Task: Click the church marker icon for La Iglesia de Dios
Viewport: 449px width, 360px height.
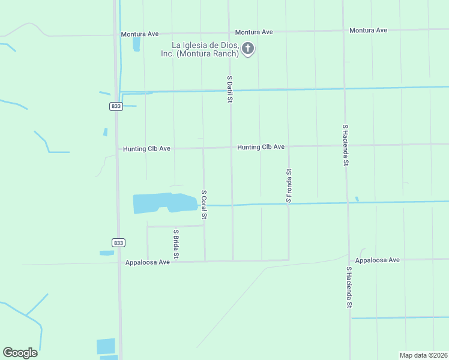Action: (247, 49)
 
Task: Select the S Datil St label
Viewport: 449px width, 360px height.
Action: (229, 88)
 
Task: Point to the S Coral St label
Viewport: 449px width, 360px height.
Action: (204, 205)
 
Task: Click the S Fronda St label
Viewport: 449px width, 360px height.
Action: (289, 185)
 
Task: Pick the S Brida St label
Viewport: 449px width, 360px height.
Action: (176, 244)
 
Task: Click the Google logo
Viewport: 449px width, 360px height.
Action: (20, 353)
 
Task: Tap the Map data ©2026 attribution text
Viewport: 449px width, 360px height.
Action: (423, 355)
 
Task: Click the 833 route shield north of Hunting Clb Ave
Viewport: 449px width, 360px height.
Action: (116, 106)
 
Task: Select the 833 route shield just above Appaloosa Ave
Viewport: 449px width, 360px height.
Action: (119, 242)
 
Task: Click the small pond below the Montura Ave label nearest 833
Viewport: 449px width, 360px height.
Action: (136, 44)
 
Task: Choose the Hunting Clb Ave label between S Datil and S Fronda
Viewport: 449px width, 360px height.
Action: (261, 147)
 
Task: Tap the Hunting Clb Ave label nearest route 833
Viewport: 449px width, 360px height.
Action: (147, 149)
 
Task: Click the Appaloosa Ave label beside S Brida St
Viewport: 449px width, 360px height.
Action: (148, 262)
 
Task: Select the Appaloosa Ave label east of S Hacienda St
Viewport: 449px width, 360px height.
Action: (377, 260)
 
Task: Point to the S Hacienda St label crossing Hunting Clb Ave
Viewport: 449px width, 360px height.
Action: (346, 145)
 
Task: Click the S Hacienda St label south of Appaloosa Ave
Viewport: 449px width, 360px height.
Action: (349, 287)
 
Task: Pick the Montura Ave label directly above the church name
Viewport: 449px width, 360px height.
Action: (254, 32)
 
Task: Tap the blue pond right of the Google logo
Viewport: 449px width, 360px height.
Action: (106, 346)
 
